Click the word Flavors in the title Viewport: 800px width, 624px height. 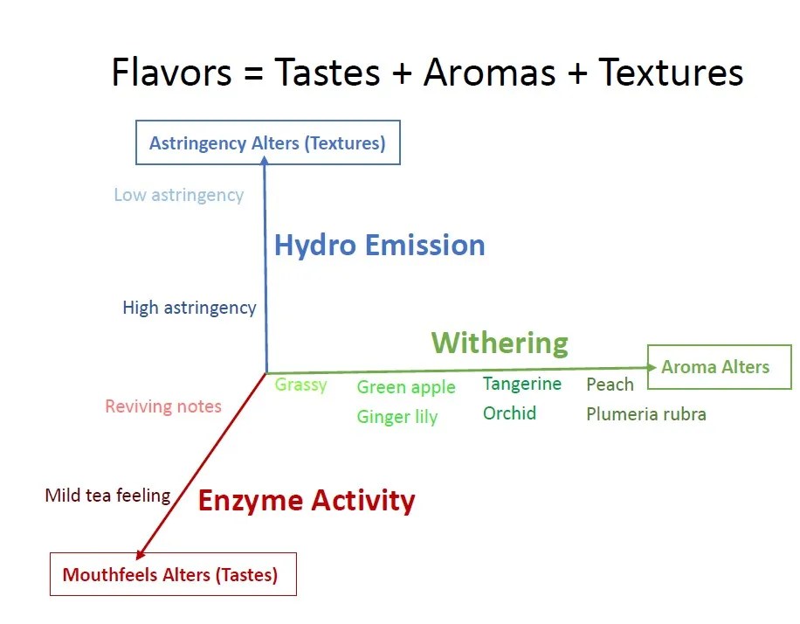coord(171,72)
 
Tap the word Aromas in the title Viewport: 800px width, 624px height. coord(489,72)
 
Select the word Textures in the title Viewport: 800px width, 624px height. coord(671,72)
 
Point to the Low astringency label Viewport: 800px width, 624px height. coord(178,195)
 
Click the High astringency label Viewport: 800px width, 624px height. coord(190,308)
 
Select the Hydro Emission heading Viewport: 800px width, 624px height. coord(380,245)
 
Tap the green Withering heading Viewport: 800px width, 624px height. coord(500,343)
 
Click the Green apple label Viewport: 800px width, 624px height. coord(406,387)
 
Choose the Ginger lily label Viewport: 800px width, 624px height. coord(397,417)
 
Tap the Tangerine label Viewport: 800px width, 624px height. coord(522,384)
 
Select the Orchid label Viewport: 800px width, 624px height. coord(509,413)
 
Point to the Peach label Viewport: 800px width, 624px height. coord(610,385)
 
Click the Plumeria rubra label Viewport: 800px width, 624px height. coord(646,414)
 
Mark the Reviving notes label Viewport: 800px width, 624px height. coord(163,406)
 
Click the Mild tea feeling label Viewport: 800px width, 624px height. coord(107,496)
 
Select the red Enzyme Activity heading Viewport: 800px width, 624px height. coord(307,500)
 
